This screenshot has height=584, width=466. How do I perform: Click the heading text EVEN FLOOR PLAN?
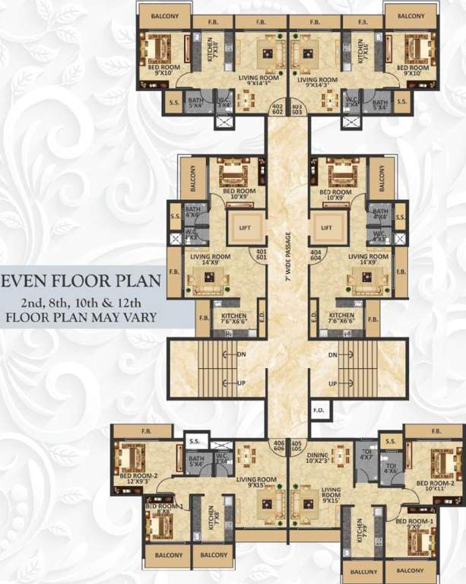81,281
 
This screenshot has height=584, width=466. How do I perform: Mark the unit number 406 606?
278,446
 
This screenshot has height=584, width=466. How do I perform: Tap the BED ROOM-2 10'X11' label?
435,487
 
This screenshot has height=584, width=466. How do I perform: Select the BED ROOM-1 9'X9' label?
414,525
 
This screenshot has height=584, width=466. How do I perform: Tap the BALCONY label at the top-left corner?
164,16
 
